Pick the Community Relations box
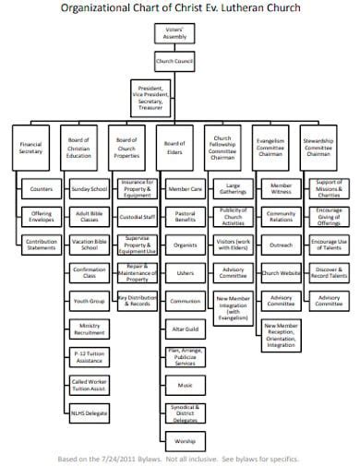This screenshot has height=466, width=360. pyautogui.click(x=282, y=217)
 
